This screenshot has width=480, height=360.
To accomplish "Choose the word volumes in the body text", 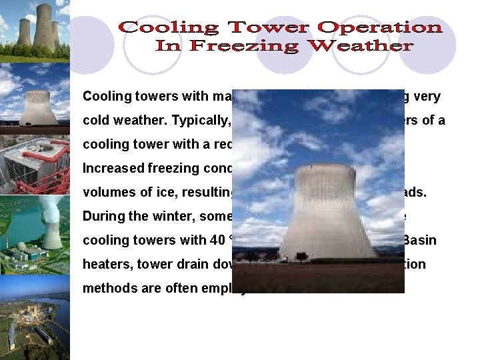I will (x=107, y=193).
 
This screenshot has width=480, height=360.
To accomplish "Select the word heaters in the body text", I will (x=107, y=265).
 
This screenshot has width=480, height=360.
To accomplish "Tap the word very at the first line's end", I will (x=427, y=96).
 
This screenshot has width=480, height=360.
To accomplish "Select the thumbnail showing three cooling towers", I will (x=35, y=30).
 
